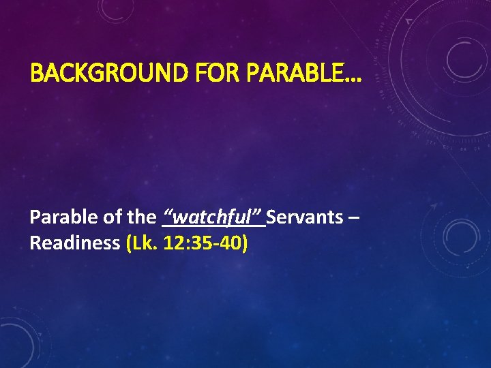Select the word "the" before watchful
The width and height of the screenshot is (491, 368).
141,217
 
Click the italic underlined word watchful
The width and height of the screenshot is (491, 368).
213,217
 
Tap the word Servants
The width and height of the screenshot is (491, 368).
305,217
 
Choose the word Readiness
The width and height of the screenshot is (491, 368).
75,243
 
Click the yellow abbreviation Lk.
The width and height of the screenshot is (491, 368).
144,243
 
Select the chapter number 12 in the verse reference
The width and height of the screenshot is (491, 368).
172,243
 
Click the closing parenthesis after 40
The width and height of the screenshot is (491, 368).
243,243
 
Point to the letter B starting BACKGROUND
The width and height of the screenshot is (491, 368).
35,72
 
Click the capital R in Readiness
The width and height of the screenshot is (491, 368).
35,243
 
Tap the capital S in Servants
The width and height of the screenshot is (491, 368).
272,217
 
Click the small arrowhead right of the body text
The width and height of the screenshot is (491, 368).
433,204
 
